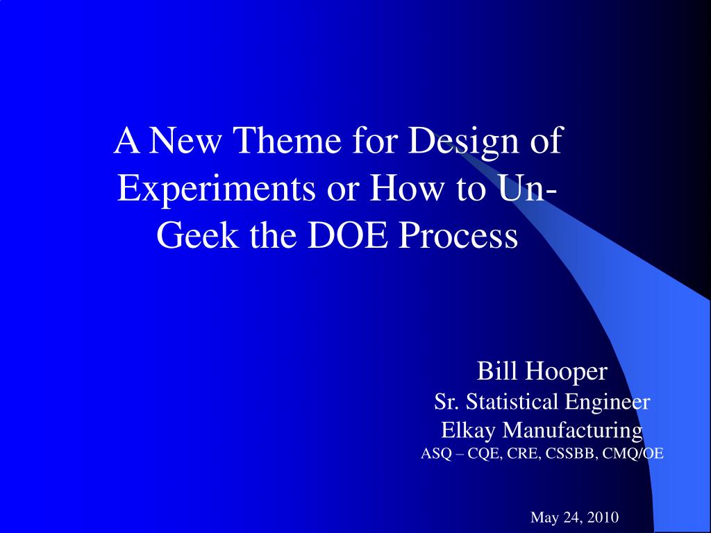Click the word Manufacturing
[x=572, y=430]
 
